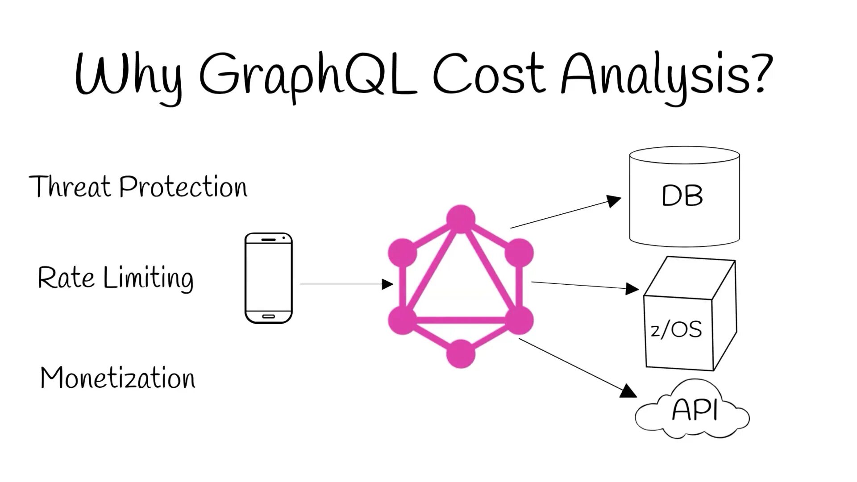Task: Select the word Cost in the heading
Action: pos(489,74)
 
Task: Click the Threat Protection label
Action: pos(138,187)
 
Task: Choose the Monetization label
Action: pos(118,378)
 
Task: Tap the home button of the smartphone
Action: pos(268,316)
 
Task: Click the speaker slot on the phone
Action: pos(268,240)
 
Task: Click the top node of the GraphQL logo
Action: pos(461,219)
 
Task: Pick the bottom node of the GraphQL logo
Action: pos(461,354)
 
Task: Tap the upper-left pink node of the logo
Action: pos(403,253)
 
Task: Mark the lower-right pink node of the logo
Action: pos(519,320)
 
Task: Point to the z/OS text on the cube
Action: pos(676,330)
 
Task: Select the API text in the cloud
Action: pos(695,410)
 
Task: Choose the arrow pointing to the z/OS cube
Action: pos(585,286)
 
